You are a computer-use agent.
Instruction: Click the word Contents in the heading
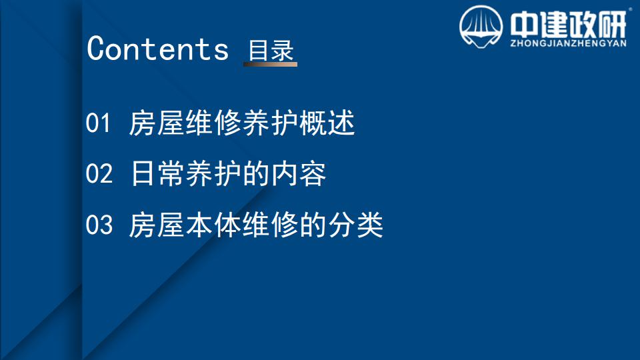(x=157, y=49)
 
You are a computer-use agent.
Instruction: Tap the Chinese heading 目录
(x=271, y=50)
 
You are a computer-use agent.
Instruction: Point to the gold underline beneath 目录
(x=270, y=64)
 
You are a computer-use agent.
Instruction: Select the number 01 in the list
(x=98, y=123)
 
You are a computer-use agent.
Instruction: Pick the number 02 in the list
(x=99, y=173)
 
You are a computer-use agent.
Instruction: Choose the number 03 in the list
(x=99, y=224)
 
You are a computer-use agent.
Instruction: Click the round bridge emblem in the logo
(x=481, y=27)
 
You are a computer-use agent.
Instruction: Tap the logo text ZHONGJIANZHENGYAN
(x=568, y=43)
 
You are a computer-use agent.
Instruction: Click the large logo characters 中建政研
(x=568, y=24)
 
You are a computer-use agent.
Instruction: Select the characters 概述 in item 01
(x=327, y=123)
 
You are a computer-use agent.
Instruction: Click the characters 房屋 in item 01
(x=157, y=123)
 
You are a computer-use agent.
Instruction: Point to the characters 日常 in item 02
(x=158, y=174)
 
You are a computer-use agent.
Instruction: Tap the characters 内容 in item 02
(x=299, y=174)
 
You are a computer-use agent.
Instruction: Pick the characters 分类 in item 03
(x=355, y=225)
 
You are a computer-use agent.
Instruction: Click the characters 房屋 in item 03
(x=157, y=225)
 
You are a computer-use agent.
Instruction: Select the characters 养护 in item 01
(x=270, y=123)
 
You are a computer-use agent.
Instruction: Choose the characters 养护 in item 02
(x=213, y=174)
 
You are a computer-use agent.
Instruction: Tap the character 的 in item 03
(x=313, y=225)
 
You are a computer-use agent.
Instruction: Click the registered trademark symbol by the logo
(x=630, y=9)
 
